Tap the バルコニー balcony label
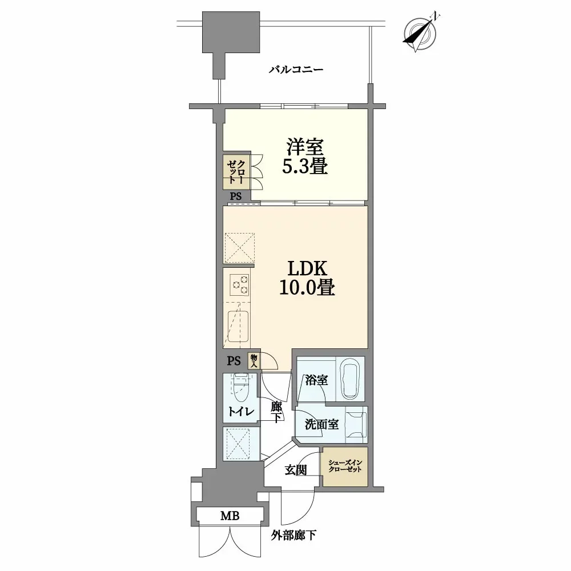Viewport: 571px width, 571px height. click(x=296, y=70)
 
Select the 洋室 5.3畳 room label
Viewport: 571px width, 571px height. click(x=305, y=157)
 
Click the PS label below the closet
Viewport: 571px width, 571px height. click(x=236, y=196)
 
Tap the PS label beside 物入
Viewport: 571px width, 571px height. click(x=234, y=360)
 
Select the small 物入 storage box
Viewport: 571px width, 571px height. click(x=254, y=360)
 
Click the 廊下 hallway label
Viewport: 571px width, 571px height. click(x=276, y=412)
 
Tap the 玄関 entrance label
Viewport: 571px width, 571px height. click(x=296, y=470)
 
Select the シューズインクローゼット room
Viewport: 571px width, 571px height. click(x=344, y=466)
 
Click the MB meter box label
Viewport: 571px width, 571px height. click(x=230, y=516)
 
